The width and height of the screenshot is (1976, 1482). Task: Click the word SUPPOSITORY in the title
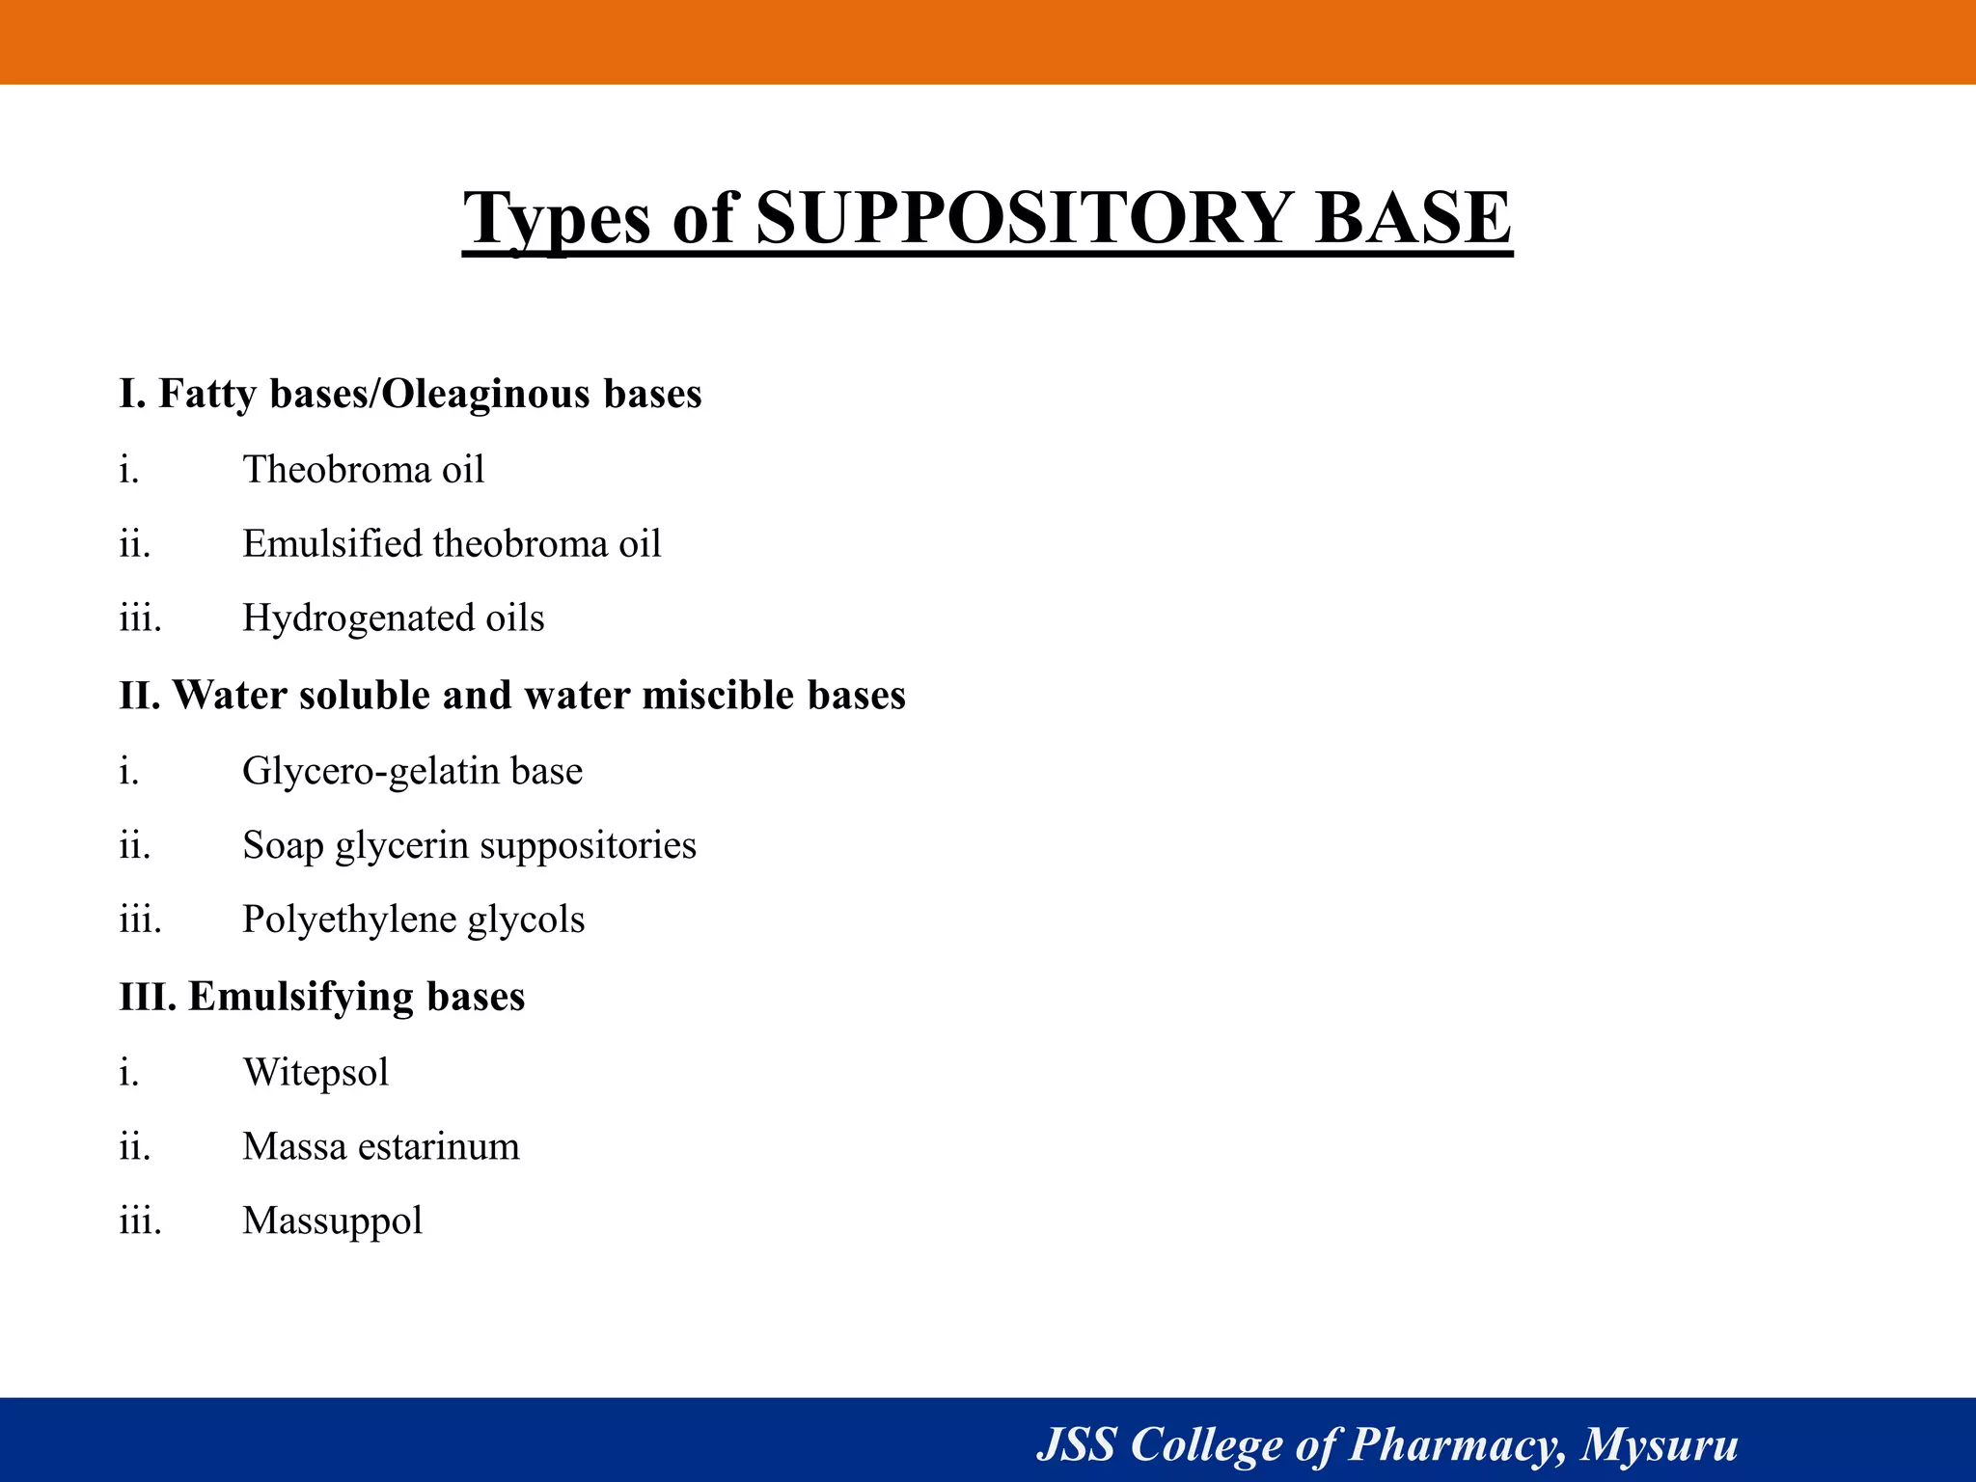coord(1024,218)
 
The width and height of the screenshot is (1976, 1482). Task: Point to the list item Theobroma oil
coord(363,470)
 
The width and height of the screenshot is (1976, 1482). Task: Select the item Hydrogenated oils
coord(393,618)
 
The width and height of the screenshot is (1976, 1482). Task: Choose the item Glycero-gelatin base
coord(412,771)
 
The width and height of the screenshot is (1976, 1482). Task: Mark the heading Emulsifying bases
coord(356,997)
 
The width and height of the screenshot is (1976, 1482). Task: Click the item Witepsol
coord(316,1072)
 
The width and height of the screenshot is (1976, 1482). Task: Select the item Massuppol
coord(332,1221)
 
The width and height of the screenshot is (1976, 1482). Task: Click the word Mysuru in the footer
coord(1660,1445)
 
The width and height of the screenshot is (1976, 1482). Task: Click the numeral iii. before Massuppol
coord(140,1221)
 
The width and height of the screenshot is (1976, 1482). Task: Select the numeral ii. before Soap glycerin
coord(135,846)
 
